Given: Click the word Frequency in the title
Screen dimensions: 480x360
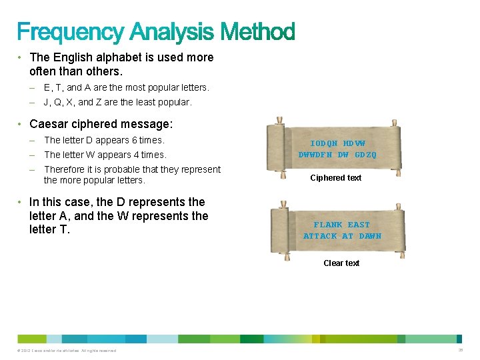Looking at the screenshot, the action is coord(70,31).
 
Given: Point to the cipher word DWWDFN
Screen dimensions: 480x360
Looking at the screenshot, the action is coord(314,155).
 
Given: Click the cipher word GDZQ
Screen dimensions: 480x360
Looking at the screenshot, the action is coord(365,155).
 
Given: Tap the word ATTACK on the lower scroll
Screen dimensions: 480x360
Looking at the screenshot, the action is coord(320,236).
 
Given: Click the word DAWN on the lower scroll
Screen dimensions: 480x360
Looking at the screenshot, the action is coord(370,236).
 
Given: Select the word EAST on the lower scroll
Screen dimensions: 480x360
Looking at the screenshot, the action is coord(359,225).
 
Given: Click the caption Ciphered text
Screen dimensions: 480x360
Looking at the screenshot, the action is coord(336,178).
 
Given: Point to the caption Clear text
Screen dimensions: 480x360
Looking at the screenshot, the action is coord(341,263).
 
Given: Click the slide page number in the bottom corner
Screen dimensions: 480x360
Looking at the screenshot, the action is coord(460,350).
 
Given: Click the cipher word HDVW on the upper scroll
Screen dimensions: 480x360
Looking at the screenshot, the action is coord(354,143).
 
